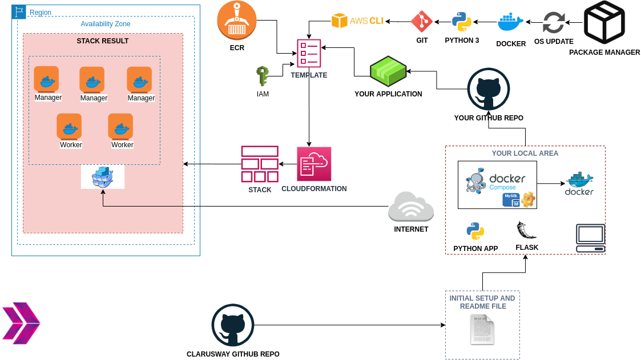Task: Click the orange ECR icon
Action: (237, 21)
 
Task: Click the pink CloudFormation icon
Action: (314, 164)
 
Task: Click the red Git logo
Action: (422, 22)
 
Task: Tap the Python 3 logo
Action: (461, 22)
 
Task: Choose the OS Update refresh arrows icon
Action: (553, 23)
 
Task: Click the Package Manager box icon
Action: (604, 23)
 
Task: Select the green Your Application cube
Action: (388, 71)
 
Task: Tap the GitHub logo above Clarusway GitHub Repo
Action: (233, 325)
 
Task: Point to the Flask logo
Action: (526, 231)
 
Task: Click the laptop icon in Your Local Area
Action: (590, 238)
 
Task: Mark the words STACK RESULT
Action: (103, 41)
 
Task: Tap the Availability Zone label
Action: (106, 24)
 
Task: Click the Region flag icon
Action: (19, 12)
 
